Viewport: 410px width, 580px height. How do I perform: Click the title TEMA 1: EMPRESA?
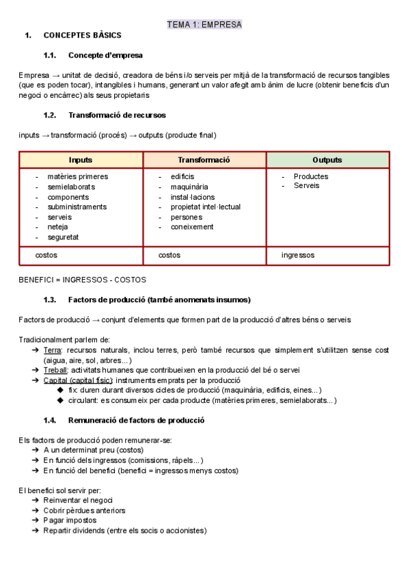click(x=204, y=25)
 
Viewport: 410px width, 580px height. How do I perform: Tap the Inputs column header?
click(x=81, y=159)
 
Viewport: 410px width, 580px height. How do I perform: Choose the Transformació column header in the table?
click(x=204, y=159)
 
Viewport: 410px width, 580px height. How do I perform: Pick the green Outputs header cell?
click(x=327, y=159)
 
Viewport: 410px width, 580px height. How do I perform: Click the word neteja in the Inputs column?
click(x=58, y=227)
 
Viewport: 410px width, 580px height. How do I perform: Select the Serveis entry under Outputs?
click(x=306, y=186)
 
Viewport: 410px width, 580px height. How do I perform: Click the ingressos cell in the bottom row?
click(x=298, y=255)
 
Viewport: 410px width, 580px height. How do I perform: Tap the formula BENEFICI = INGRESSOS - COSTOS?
click(x=82, y=280)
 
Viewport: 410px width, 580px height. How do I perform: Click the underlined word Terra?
click(x=53, y=350)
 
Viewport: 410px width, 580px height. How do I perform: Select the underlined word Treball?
click(x=55, y=370)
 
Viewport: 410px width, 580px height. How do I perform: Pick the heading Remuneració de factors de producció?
click(x=136, y=420)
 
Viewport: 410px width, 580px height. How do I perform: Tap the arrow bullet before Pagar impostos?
click(x=36, y=520)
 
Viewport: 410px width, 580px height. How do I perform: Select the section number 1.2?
click(x=49, y=115)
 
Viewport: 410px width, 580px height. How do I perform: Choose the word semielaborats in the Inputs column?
click(x=71, y=187)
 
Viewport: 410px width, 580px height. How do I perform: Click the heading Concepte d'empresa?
click(x=105, y=55)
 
